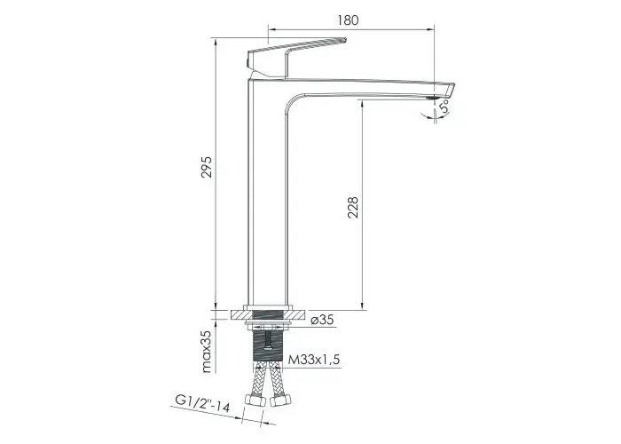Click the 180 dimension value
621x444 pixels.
348,20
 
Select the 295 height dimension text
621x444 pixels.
207,167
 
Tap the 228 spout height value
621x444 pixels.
352,207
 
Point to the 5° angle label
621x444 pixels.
444,107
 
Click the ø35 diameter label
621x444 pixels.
322,320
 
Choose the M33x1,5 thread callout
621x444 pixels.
314,360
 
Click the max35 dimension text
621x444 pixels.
207,351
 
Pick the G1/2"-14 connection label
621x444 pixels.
202,403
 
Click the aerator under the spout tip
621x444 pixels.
433,97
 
